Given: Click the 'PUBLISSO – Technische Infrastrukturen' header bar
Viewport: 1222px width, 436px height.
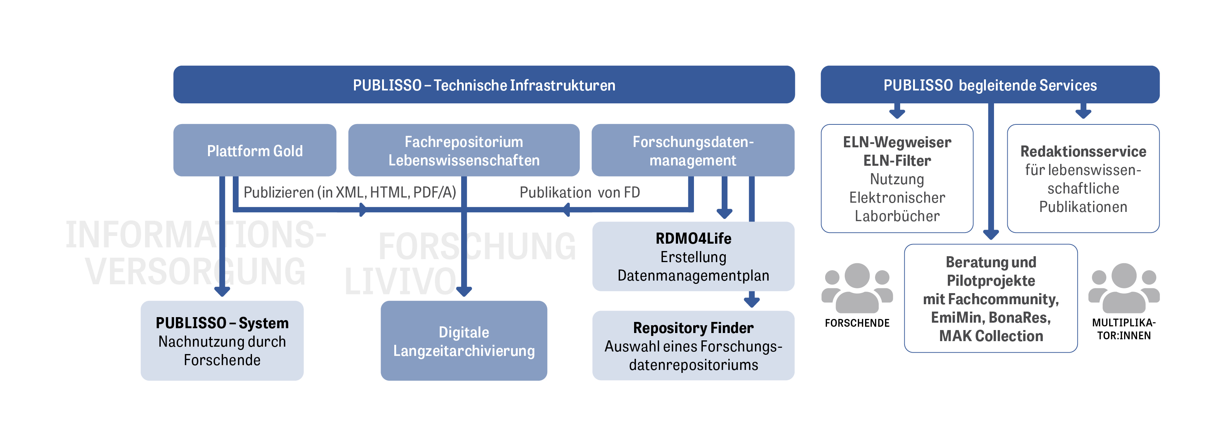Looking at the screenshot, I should (x=484, y=85).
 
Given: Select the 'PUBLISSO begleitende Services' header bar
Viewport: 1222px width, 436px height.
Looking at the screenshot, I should (x=990, y=85).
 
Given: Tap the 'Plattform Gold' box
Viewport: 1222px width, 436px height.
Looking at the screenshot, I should (x=255, y=151).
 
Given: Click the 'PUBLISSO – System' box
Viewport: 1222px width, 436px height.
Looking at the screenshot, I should (x=222, y=341).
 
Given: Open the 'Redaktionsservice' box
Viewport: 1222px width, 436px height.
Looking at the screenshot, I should (x=1083, y=179).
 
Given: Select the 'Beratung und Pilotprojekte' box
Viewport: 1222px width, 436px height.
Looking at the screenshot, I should (x=991, y=299).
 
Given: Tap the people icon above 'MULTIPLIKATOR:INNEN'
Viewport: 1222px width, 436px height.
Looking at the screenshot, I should (x=1124, y=288).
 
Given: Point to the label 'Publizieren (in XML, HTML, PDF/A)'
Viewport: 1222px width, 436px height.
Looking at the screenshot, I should (x=350, y=192).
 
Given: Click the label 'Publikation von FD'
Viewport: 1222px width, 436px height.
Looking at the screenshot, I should (x=580, y=192).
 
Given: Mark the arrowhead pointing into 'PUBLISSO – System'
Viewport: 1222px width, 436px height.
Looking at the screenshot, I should (x=222, y=291).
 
